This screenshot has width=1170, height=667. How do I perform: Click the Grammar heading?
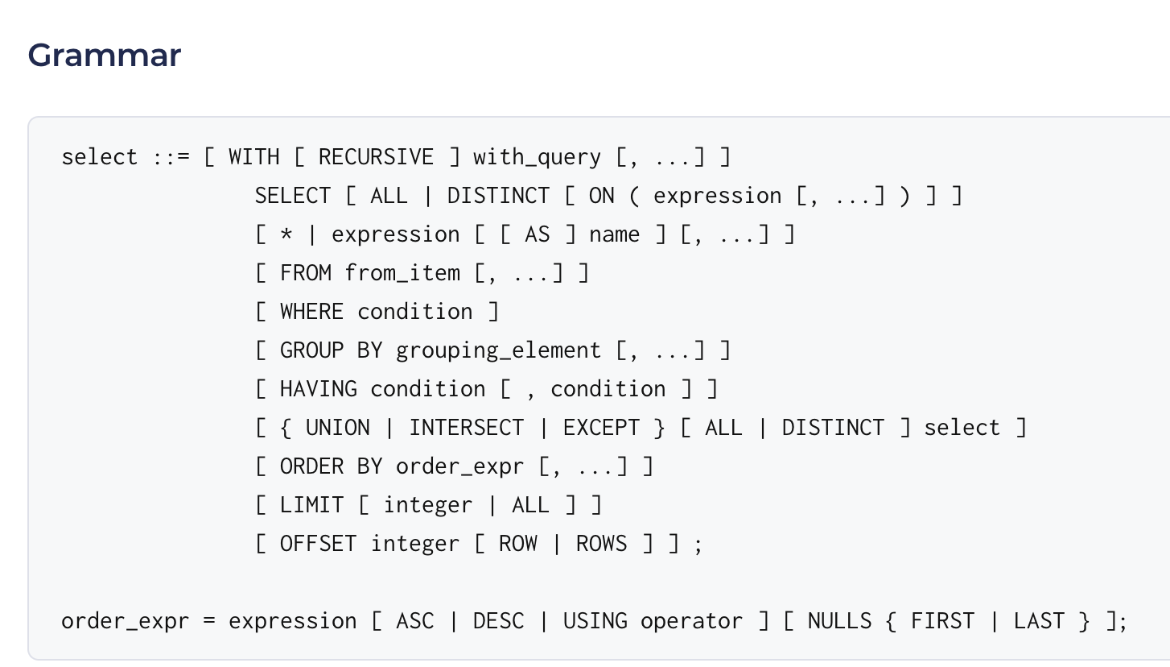point(105,56)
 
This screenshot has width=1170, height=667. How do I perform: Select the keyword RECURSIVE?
point(376,157)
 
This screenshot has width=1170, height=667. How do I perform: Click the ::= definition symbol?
point(171,157)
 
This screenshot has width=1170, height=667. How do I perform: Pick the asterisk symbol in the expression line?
point(286,234)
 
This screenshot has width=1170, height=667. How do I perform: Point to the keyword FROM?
point(306,273)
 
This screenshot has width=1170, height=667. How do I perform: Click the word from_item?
point(402,273)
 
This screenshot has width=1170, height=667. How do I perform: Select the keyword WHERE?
point(312,312)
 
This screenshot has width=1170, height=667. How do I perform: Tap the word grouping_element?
point(498,351)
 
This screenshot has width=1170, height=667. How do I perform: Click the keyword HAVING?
point(319,389)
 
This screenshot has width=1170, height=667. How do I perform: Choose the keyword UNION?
point(337,428)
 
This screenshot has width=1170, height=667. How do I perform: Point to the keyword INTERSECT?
point(466,428)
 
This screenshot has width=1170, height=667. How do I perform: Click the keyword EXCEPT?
point(601,428)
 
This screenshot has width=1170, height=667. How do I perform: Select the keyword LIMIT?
point(312,505)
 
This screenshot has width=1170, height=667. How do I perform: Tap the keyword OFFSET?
point(318,544)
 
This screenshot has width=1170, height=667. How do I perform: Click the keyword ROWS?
point(601,544)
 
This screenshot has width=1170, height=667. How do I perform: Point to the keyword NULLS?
point(839,621)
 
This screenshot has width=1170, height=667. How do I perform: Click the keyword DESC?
point(498,621)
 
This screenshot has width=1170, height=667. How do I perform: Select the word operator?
point(691,622)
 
